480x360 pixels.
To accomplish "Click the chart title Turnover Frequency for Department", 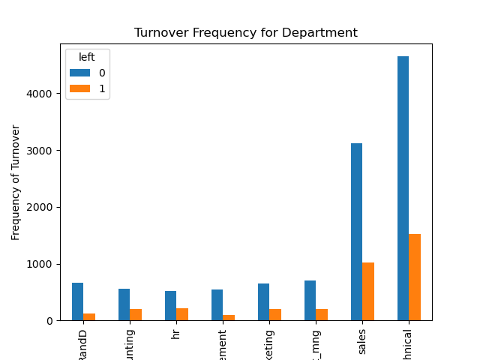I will coord(245,33).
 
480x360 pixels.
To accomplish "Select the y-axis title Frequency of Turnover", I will coord(16,183).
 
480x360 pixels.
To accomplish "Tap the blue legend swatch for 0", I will coord(79,73).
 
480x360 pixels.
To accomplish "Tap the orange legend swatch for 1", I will coord(79,88).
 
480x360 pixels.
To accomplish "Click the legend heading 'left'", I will coord(87,58).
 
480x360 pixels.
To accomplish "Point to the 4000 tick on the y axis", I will coord(42,94).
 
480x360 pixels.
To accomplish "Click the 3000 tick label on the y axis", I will coord(42,151).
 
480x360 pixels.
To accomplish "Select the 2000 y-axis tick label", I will coord(42,207).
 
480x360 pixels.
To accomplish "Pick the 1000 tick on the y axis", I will coord(42,264).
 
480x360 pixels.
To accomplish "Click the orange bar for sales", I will coord(368,291).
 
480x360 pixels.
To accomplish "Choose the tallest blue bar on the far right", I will coord(403,188).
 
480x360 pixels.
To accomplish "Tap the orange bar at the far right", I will coord(415,277).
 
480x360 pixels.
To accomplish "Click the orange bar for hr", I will coord(182,314).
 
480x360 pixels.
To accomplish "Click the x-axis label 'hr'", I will coord(176,334).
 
